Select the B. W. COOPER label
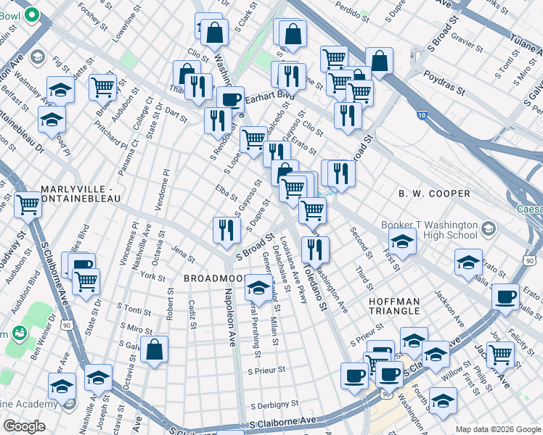434,194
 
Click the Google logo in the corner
25,426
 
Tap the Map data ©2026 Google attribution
497,429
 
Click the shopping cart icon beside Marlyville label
28,204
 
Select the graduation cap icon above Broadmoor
258,288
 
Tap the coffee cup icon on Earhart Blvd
230,99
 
